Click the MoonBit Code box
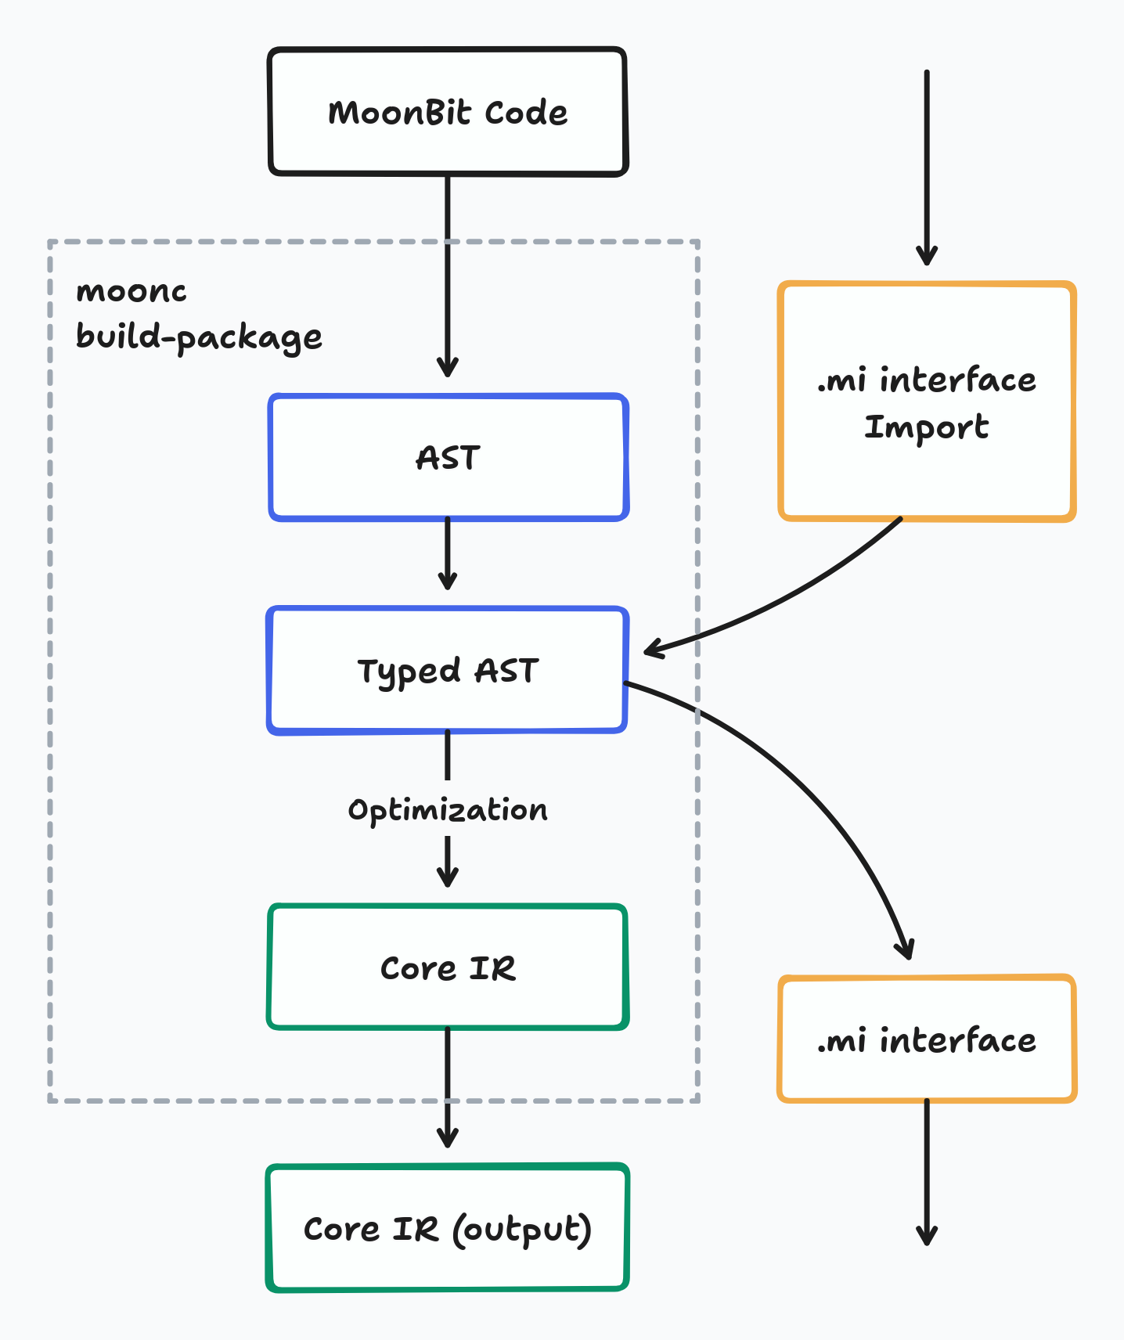[448, 112]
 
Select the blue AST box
[448, 458]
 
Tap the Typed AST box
[448, 671]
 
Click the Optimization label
[448, 810]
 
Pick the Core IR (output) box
[448, 1228]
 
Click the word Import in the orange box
[927, 427]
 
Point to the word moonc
[131, 291]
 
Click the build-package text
[199, 337]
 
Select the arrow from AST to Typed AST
[448, 554]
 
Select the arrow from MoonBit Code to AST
[448, 274]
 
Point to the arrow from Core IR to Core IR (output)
[448, 1088]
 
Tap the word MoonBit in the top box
[399, 113]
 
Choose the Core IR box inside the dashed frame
[448, 968]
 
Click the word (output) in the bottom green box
[521, 1230]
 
